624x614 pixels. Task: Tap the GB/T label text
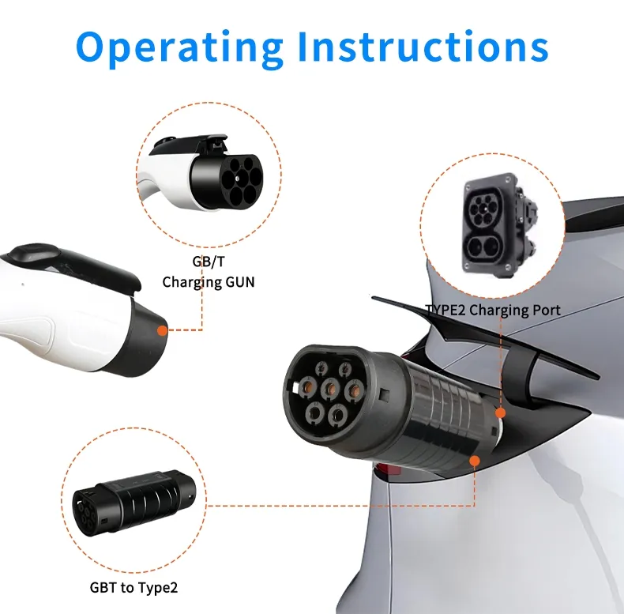(x=209, y=262)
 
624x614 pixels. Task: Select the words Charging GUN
(x=209, y=281)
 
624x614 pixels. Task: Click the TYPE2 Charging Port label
(x=493, y=310)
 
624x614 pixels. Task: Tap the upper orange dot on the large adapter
(x=499, y=412)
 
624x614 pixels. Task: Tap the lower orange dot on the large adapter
(x=474, y=461)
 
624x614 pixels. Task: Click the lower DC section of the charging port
(x=483, y=247)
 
